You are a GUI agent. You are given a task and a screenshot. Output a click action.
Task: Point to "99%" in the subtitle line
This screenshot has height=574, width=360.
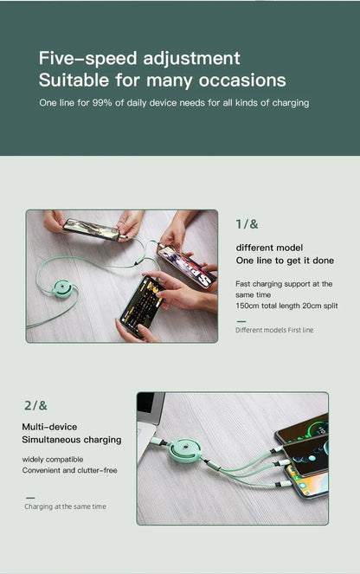[95, 103]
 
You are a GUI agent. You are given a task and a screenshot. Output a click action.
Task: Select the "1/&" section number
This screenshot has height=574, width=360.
[247, 224]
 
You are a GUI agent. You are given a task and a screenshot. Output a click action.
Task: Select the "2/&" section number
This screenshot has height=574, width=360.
[35, 405]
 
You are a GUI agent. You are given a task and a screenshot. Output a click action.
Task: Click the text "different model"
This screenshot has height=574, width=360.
[269, 248]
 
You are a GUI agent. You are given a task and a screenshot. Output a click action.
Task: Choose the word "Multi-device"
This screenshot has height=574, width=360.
[49, 427]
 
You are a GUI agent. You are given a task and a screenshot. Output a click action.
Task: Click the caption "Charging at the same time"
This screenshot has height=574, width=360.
[65, 506]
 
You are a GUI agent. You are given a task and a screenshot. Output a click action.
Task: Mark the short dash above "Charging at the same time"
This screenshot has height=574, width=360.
[29, 497]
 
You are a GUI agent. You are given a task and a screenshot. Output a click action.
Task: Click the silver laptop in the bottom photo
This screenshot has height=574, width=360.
[146, 424]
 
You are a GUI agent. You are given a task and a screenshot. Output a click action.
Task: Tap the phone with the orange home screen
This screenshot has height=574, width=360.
[306, 481]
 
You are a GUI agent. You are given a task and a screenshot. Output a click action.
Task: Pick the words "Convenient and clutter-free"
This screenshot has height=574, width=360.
[69, 470]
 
